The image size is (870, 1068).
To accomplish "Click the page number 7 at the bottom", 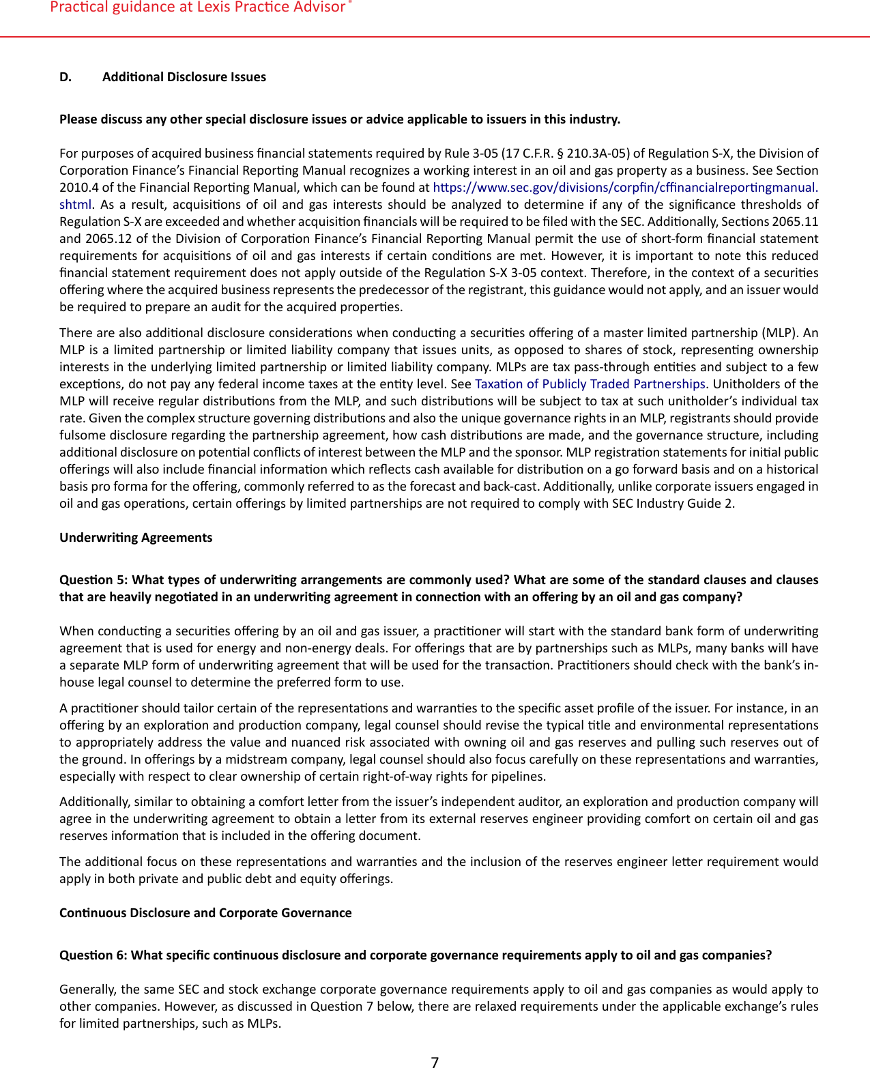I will click(435, 1061).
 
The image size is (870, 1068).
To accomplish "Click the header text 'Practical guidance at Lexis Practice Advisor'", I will click(198, 8).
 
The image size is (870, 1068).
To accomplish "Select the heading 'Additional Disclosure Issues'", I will click(184, 77).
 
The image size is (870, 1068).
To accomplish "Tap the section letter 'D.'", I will click(66, 77).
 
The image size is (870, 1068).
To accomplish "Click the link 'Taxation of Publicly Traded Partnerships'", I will click(590, 384).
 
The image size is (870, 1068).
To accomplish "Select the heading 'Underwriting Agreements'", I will click(136, 538).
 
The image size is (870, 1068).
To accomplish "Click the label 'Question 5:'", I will click(94, 580).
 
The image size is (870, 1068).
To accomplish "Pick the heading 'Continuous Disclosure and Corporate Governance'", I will click(205, 913).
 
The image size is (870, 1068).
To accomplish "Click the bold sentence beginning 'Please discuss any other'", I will click(339, 119).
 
